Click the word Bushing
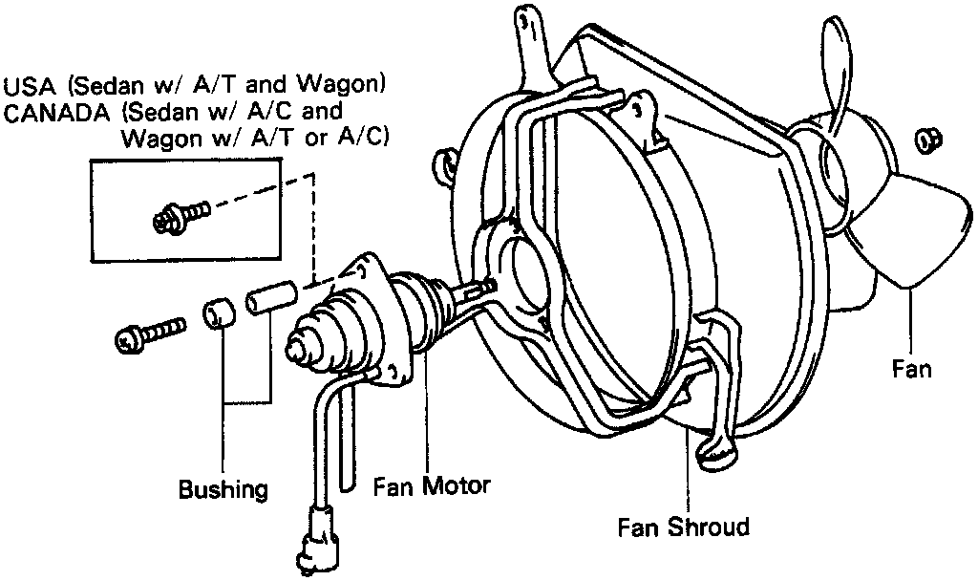(x=223, y=490)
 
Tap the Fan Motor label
(x=431, y=485)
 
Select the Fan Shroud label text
(x=683, y=527)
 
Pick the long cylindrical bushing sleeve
(x=268, y=296)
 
